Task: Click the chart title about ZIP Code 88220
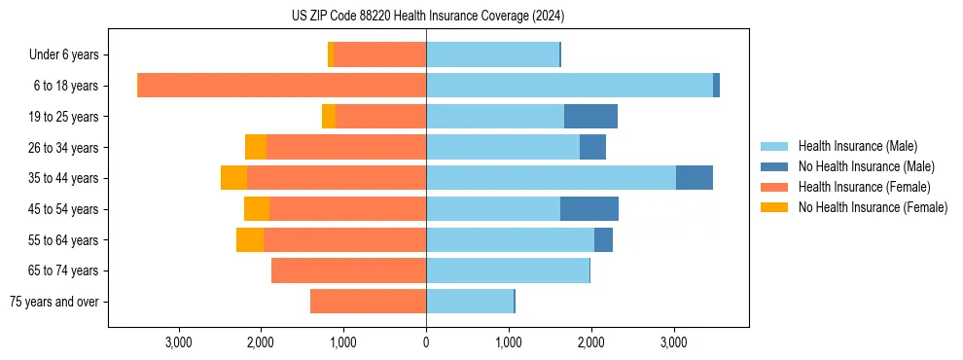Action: tap(427, 17)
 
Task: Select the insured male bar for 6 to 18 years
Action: tap(569, 86)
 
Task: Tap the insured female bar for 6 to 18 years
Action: tap(282, 86)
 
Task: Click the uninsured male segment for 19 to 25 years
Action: tap(590, 117)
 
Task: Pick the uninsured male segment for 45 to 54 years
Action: tap(589, 209)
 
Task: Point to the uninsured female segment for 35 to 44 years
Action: tap(233, 178)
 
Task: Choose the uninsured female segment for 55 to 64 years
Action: tap(250, 240)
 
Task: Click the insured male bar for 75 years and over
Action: tap(470, 302)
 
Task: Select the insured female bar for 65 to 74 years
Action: tap(348, 270)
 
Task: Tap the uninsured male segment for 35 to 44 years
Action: tap(695, 178)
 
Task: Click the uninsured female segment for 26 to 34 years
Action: tap(256, 148)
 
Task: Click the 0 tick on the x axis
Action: tap(426, 342)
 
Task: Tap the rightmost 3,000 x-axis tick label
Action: tap(674, 342)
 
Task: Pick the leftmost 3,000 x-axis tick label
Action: tap(178, 342)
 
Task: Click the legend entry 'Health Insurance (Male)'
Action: tap(857, 146)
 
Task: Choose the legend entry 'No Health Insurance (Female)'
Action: tap(873, 207)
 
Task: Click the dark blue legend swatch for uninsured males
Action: tap(774, 166)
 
